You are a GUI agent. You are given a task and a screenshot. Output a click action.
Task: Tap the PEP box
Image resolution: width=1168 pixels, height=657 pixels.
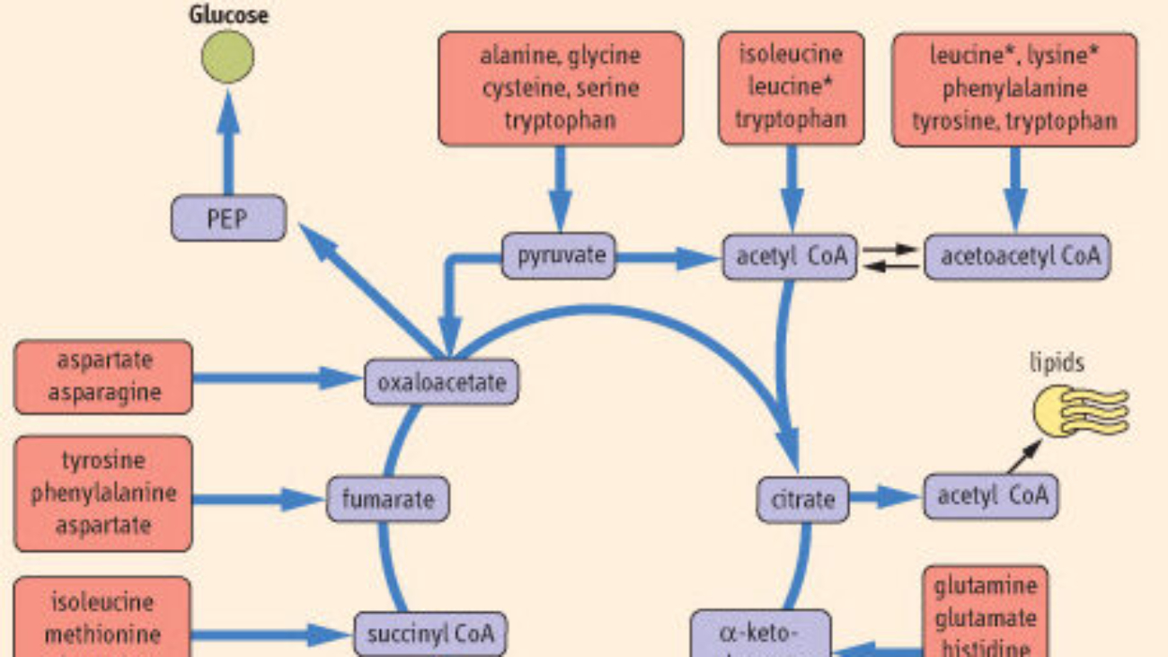[228, 218]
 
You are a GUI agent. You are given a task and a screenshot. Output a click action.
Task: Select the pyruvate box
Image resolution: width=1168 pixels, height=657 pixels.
[560, 256]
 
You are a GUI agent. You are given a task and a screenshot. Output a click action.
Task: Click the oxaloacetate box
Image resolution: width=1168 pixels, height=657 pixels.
[441, 383]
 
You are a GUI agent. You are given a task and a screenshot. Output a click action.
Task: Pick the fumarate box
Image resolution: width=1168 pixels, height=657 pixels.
[387, 499]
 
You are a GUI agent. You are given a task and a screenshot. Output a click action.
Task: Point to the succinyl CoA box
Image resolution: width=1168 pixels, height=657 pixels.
[430, 634]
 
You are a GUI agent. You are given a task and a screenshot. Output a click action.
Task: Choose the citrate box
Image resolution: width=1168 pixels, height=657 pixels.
[802, 499]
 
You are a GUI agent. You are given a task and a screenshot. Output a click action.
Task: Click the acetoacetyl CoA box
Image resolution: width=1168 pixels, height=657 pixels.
[1018, 256]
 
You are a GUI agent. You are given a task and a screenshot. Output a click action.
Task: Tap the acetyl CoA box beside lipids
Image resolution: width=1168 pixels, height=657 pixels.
[990, 496]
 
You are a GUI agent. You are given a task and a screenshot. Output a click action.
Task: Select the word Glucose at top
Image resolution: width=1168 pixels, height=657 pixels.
[228, 14]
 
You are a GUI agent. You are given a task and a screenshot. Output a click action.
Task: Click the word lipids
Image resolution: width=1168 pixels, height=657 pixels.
[1057, 363]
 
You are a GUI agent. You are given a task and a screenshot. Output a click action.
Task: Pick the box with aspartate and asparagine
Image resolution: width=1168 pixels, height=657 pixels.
[103, 377]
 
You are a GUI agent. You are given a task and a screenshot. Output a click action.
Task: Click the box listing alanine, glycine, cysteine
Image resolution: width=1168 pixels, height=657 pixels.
[560, 88]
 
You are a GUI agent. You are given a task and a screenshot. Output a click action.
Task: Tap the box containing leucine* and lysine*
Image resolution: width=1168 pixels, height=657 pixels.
[1014, 88]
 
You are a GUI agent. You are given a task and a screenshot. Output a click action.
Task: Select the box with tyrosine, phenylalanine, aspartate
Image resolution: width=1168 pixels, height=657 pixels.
[103, 493]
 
